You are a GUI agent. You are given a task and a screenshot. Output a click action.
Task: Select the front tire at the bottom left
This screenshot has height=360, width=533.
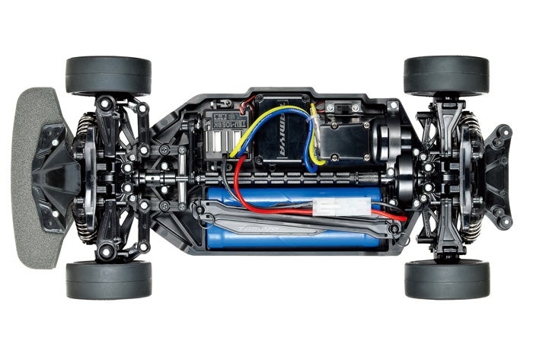(108, 279)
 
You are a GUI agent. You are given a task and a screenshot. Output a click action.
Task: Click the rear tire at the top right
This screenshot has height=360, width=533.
(446, 75)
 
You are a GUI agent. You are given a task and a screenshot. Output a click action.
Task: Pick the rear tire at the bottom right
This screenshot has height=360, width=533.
(446, 279)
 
